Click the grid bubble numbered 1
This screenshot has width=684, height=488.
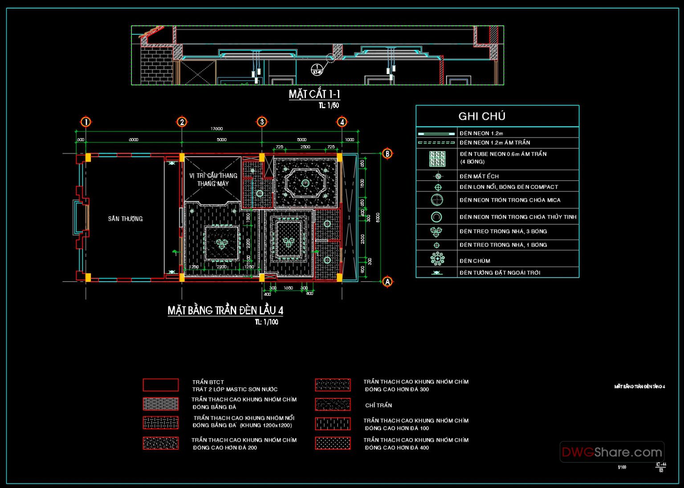[x=85, y=122]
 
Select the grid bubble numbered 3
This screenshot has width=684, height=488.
[x=262, y=122]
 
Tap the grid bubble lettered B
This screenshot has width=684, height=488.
[x=387, y=154]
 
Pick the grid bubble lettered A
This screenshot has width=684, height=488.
[x=387, y=281]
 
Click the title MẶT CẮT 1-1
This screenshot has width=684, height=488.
[x=314, y=94]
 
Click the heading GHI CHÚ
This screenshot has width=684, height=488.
[x=482, y=116]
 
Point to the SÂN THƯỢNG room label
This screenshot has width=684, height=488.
[x=125, y=219]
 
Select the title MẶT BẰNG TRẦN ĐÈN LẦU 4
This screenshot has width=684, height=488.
[x=225, y=310]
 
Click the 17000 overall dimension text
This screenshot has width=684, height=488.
[x=216, y=129]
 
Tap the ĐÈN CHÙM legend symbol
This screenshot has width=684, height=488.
[x=437, y=259]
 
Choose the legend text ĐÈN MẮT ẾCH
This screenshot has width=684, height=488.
[x=479, y=176]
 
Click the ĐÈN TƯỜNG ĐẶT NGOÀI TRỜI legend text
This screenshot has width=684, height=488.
[x=500, y=272]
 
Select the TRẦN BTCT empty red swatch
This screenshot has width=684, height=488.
[x=161, y=385]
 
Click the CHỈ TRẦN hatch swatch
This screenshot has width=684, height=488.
[x=333, y=404]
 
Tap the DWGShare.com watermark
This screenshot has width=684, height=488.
[x=612, y=452]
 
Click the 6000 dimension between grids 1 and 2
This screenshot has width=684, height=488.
[x=134, y=139]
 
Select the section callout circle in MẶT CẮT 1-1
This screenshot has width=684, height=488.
[x=317, y=69]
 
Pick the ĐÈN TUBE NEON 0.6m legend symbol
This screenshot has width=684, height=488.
[x=437, y=159]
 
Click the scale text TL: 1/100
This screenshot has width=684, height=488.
[x=266, y=322]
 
